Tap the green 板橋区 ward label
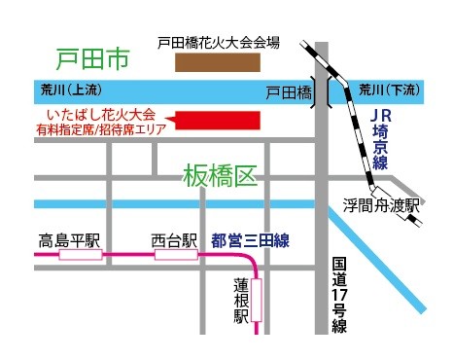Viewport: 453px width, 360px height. pyautogui.click(x=220, y=176)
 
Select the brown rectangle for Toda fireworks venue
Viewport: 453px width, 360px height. pyautogui.click(x=218, y=63)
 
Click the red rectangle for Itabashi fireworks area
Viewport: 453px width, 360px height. pyautogui.click(x=220, y=120)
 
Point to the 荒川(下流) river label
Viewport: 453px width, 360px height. pyautogui.click(x=387, y=90)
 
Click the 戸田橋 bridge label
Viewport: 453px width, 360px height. pyautogui.click(x=287, y=91)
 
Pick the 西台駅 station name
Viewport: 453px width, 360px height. pyautogui.click(x=174, y=238)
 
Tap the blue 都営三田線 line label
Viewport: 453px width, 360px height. pyautogui.click(x=250, y=238)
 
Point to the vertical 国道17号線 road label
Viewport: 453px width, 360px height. pyautogui.click(x=338, y=295)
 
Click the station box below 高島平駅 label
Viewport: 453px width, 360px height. pyautogui.click(x=79, y=255)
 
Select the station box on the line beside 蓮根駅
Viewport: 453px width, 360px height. pyautogui.click(x=258, y=305)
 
